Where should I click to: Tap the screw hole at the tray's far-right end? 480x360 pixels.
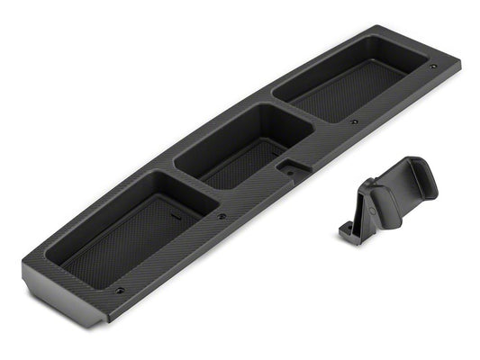point(433,67)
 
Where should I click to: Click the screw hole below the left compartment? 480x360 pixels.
point(119,292)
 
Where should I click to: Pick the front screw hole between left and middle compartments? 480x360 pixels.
point(222,216)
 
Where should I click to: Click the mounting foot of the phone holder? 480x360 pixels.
point(351,233)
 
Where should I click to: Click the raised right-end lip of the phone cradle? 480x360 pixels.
point(425,175)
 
